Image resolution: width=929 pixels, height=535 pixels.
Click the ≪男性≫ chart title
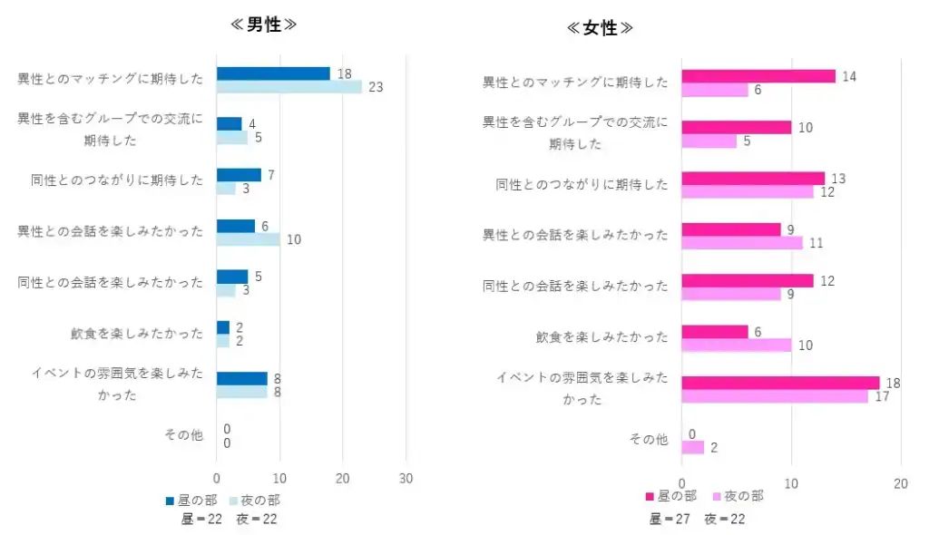click(264, 24)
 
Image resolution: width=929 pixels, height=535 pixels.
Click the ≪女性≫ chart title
click(601, 28)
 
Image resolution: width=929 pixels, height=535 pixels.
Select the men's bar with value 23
click(288, 87)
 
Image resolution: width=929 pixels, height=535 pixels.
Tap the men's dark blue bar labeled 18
click(272, 73)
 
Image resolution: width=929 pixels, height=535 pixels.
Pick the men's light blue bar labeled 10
click(248, 239)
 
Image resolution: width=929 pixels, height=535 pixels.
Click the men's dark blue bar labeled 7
click(238, 174)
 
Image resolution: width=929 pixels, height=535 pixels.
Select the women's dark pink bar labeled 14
click(758, 76)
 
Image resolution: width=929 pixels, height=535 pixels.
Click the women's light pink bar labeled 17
click(774, 396)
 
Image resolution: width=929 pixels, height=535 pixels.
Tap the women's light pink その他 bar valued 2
click(692, 447)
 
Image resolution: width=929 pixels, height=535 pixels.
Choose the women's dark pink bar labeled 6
click(714, 332)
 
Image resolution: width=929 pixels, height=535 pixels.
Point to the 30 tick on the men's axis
click(406, 478)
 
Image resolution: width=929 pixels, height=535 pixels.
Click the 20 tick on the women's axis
click(900, 484)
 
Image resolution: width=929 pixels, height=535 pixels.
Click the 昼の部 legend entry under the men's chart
click(191, 500)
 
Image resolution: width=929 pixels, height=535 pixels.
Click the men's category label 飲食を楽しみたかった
click(137, 334)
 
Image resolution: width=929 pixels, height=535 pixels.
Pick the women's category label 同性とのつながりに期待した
click(582, 185)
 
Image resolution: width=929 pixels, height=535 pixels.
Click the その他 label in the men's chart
click(183, 435)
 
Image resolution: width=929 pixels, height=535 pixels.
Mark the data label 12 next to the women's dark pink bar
click(827, 281)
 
